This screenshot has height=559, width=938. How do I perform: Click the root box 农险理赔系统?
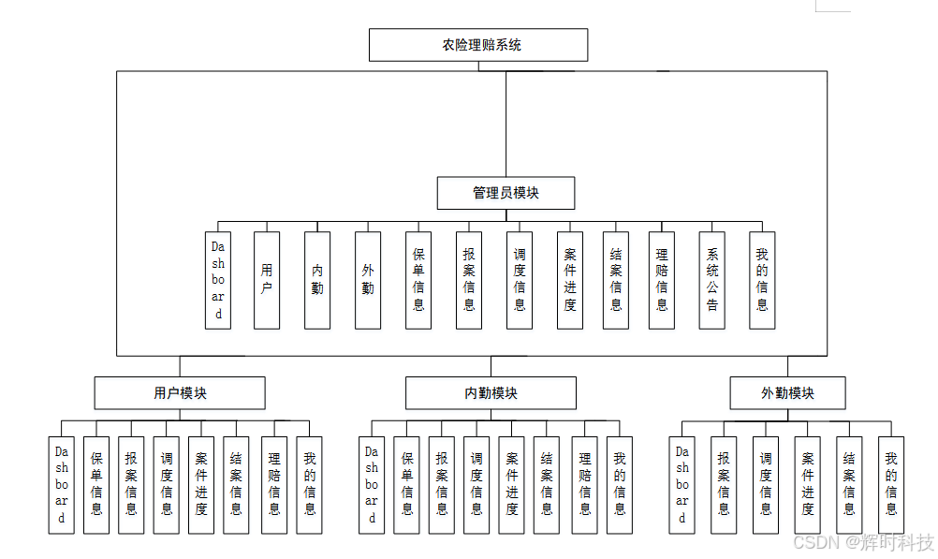(477, 45)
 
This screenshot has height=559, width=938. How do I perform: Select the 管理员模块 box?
(506, 193)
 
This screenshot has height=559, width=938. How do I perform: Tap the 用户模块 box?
(180, 393)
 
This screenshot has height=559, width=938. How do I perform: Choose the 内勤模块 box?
(491, 393)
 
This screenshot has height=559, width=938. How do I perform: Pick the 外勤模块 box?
(787, 393)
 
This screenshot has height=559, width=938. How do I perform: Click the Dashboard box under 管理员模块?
(218, 280)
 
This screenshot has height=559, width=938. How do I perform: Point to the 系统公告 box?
(711, 280)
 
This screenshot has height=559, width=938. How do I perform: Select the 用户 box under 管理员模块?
(267, 280)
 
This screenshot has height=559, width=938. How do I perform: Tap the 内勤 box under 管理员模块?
(317, 280)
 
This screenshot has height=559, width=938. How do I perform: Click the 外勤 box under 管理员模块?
(368, 280)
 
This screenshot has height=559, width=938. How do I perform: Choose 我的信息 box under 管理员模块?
(762, 280)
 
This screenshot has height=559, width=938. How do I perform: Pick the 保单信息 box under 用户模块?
(96, 485)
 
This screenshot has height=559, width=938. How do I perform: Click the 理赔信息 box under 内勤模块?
(584, 485)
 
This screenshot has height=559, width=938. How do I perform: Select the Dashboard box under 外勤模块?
(682, 485)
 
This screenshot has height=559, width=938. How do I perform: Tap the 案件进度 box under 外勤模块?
(807, 485)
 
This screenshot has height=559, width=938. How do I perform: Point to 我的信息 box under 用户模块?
(309, 485)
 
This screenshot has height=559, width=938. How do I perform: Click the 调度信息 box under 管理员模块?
(520, 280)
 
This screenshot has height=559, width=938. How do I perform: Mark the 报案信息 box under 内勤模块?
(442, 485)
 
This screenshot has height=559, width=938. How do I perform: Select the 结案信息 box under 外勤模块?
(849, 485)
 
